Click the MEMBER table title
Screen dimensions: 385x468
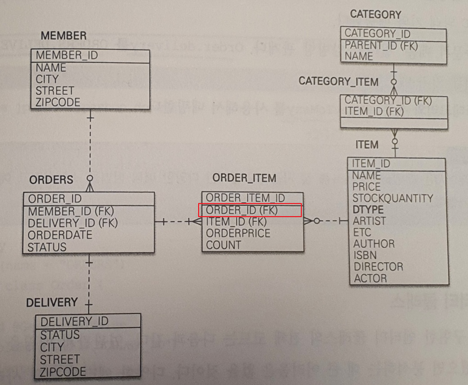(x=63, y=36)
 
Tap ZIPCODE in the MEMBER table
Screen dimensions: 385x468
(x=58, y=102)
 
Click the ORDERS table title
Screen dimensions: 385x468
(x=51, y=180)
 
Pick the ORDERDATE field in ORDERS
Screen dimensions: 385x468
(x=60, y=235)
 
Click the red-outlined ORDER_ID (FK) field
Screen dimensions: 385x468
(x=250, y=210)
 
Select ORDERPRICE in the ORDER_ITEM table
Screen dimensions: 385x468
(x=238, y=233)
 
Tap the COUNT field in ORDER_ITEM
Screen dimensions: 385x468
(x=224, y=245)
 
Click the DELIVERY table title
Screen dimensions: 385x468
(x=51, y=303)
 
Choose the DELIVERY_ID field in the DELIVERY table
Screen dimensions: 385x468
(x=74, y=322)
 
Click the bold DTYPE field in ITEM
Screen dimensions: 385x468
(x=368, y=210)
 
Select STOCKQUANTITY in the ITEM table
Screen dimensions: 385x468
(x=393, y=198)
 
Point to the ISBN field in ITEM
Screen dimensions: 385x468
(x=365, y=255)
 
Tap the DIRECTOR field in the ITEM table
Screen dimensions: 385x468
(x=378, y=266)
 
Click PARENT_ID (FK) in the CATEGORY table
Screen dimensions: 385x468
(x=381, y=46)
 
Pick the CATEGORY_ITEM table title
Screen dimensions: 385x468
(x=338, y=81)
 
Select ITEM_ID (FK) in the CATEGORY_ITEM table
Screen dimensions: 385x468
(x=374, y=111)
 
